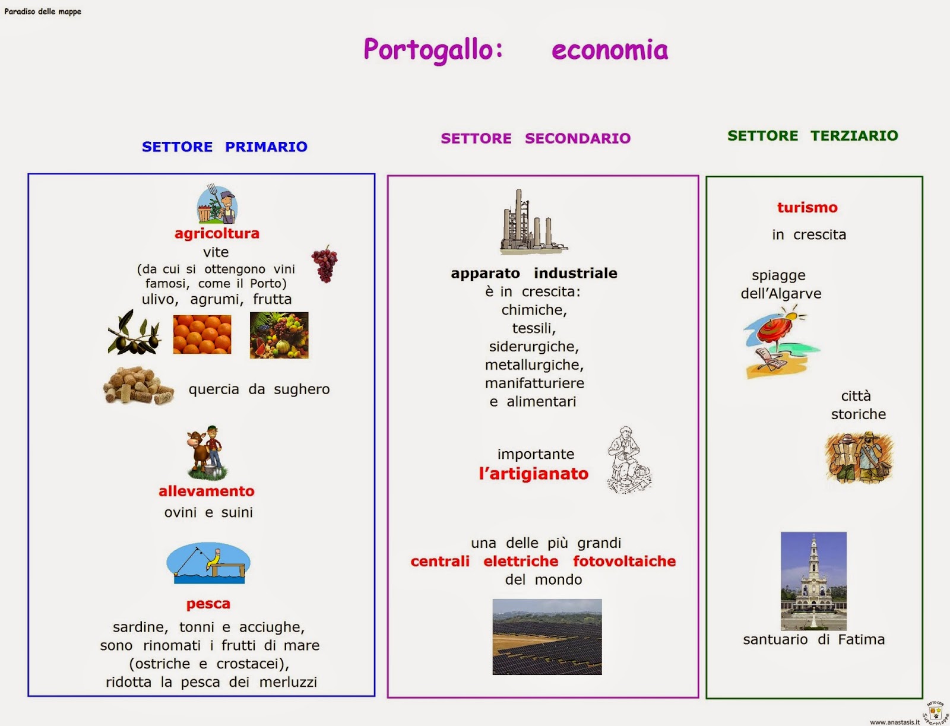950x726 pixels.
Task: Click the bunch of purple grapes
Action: pos(325,264)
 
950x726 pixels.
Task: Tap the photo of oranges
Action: pos(202,334)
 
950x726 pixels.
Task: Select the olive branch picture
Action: pos(134,334)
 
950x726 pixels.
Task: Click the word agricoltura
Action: pos(217,233)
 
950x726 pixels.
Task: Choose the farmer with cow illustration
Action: pos(207,452)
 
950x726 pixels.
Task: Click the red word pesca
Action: pos(208,604)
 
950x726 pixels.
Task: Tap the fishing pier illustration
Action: pos(208,563)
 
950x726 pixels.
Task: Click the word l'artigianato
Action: pos(533,474)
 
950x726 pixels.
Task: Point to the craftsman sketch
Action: pos(628,460)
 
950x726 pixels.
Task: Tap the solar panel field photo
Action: pos(547,636)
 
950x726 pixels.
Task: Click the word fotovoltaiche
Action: pos(624,561)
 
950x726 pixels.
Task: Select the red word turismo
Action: pos(807,207)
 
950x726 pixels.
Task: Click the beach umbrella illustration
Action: pos(780,343)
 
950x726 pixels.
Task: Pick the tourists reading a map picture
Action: pos(859,458)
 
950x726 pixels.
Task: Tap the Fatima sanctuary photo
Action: pos(813,581)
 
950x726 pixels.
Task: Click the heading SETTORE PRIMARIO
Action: pos(224,147)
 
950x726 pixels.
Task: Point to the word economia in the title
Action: pos(609,50)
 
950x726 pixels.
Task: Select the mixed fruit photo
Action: pos(279,335)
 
